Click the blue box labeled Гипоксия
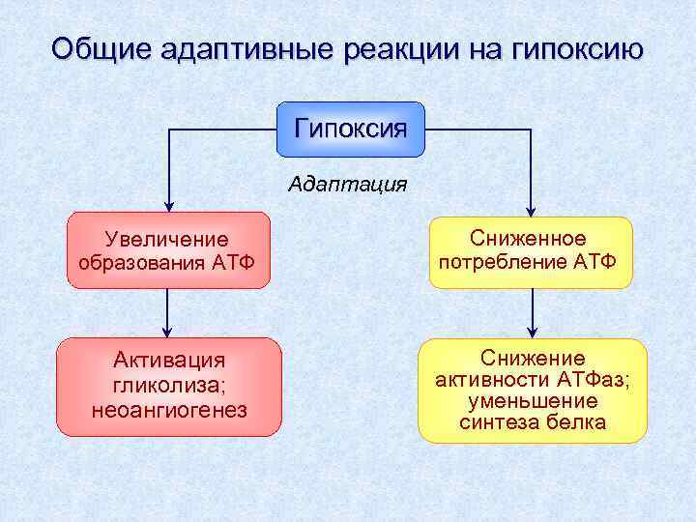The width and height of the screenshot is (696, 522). pos(351,129)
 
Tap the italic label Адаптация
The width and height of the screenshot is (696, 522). pos(348,184)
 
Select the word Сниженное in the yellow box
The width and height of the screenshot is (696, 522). pos(528,238)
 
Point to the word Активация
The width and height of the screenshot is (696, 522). pos(169,361)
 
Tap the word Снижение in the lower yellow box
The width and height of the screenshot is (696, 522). pos(533,358)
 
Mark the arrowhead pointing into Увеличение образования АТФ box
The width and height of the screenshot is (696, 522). pos(169,204)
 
